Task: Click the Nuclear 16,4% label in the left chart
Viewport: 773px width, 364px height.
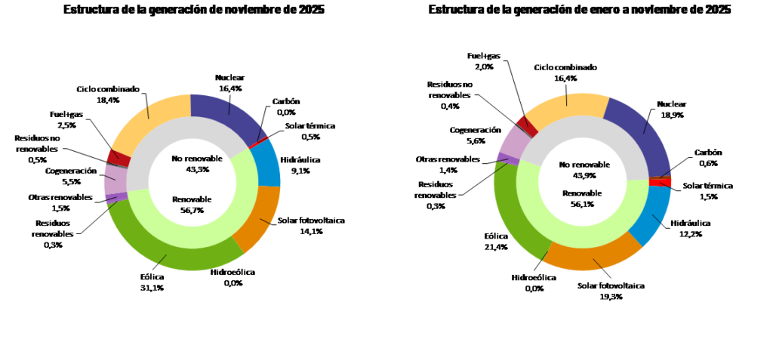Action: click(230, 82)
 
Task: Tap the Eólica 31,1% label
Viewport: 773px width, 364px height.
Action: click(152, 282)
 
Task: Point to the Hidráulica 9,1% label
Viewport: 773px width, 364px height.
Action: click(300, 165)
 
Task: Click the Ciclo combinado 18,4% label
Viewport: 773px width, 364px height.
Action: click(108, 94)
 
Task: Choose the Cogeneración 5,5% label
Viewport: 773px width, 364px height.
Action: click(70, 176)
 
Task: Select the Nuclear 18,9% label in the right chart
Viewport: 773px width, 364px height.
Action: click(671, 109)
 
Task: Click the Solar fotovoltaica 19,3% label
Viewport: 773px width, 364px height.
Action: click(606, 290)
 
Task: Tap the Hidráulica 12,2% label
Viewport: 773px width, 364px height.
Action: click(685, 228)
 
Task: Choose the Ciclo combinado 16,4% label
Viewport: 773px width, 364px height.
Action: click(565, 72)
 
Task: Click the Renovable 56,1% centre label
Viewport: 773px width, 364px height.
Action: click(582, 198)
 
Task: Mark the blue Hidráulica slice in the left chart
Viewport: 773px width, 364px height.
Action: click(264, 163)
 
